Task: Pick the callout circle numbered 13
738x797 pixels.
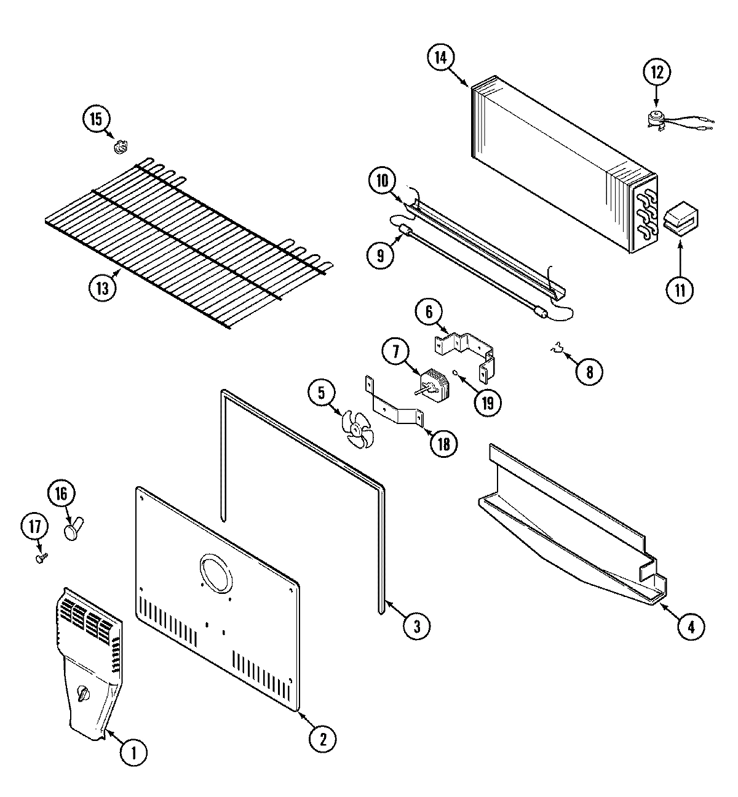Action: tap(102, 289)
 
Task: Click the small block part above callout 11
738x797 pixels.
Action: tap(681, 220)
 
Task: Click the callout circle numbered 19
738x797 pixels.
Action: tap(487, 402)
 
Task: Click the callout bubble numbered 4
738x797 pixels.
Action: tap(691, 627)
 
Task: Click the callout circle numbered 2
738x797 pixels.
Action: tap(323, 737)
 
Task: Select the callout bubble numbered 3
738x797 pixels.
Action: tap(417, 625)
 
